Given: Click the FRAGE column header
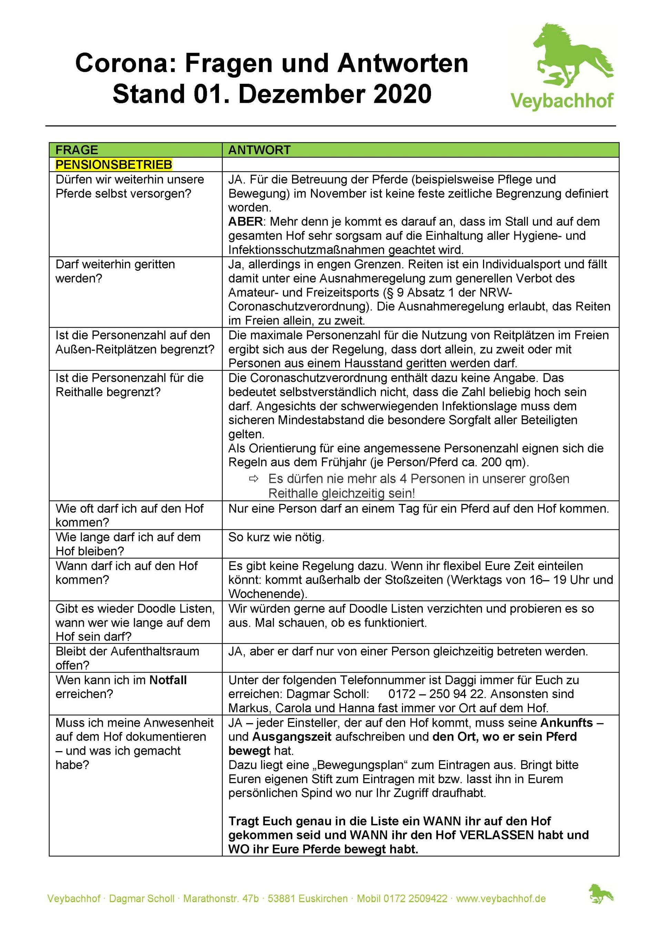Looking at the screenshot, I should pyautogui.click(x=77, y=150).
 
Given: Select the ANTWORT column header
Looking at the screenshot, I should pyautogui.click(x=259, y=150).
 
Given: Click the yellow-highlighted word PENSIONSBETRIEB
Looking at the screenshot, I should pyautogui.click(x=114, y=165).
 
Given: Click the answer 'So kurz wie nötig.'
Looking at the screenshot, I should pyautogui.click(x=277, y=537).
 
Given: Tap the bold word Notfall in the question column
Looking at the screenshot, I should pyautogui.click(x=168, y=680).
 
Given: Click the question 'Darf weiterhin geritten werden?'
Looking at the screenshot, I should pyautogui.click(x=116, y=271).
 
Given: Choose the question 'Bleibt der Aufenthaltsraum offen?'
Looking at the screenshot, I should pyautogui.click(x=127, y=658).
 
